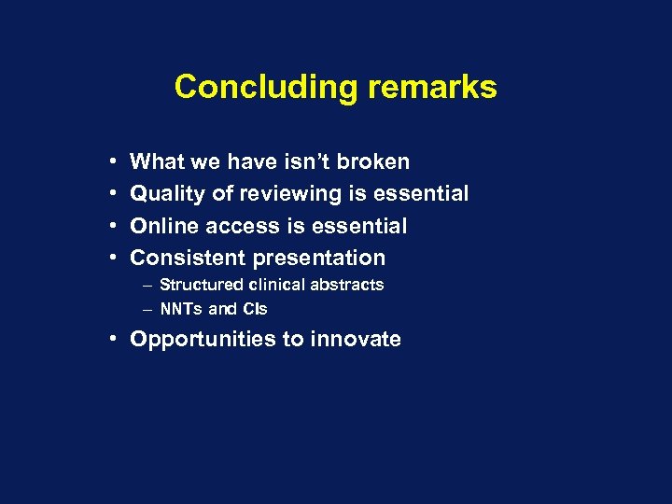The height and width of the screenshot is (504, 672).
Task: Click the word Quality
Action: (x=167, y=193)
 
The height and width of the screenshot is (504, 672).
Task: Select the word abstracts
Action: (x=348, y=285)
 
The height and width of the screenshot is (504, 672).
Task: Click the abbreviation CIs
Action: (x=254, y=309)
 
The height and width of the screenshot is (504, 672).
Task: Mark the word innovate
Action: (x=360, y=339)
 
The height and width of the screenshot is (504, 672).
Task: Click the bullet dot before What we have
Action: (x=112, y=162)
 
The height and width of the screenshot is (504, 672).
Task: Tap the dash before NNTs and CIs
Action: (x=148, y=309)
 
